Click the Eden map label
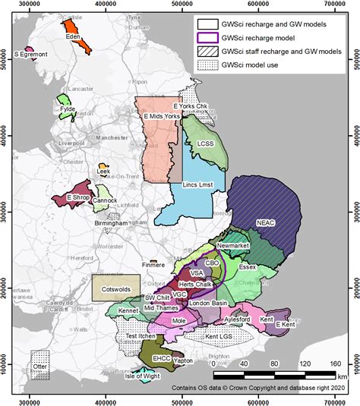click(74, 36)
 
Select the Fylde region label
click(68, 109)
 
